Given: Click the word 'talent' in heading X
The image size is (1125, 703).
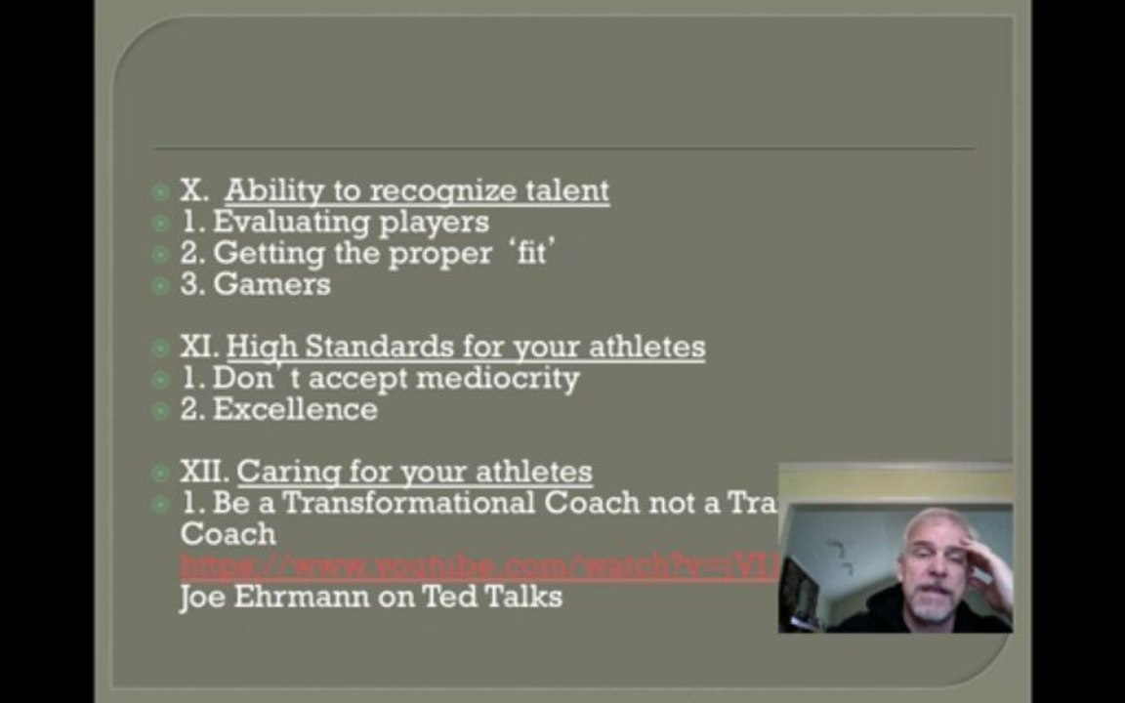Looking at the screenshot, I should [x=566, y=190].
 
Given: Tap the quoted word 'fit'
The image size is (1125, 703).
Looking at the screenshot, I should [x=532, y=253].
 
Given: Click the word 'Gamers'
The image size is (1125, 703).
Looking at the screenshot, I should [x=271, y=284].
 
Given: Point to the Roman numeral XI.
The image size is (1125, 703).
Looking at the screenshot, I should [x=198, y=347].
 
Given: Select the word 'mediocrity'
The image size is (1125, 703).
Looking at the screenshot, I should [x=498, y=378].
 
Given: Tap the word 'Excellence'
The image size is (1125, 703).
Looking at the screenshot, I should [x=295, y=409].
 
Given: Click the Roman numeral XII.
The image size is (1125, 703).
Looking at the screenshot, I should [x=204, y=472].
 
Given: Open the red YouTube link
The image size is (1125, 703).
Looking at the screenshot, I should [x=479, y=565].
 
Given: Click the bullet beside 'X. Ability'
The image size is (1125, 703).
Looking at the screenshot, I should [x=161, y=191].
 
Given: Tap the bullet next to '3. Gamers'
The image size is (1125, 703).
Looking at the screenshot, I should [x=161, y=285].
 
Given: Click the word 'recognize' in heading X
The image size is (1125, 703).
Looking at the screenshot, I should [x=443, y=190].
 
